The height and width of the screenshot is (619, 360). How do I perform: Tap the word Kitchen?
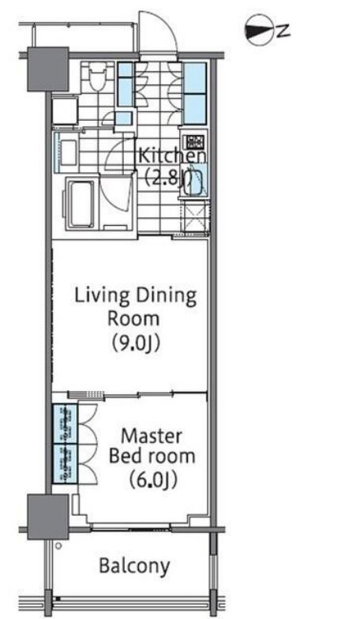[x=172, y=156]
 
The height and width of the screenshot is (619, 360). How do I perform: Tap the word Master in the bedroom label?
[x=152, y=436]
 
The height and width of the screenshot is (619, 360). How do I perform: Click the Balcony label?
[x=134, y=566]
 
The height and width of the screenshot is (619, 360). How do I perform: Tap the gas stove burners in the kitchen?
[x=194, y=141]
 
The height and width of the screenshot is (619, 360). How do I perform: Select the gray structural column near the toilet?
[x=47, y=69]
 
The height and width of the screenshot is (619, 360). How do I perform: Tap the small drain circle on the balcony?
[x=58, y=546]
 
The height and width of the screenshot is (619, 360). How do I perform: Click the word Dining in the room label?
[x=166, y=297]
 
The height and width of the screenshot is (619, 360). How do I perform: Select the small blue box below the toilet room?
[x=123, y=118]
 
